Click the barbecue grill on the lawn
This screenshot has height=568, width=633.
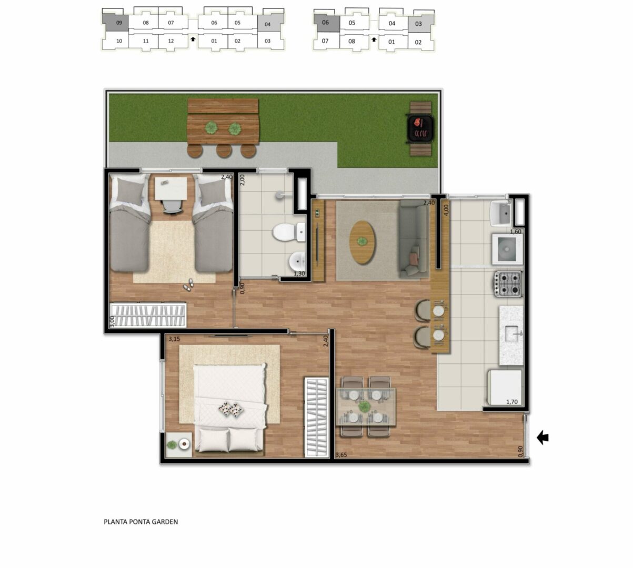pyautogui.click(x=420, y=129)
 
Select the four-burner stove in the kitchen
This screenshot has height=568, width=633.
pyautogui.click(x=508, y=283)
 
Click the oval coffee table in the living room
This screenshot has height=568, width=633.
pyautogui.click(x=363, y=242)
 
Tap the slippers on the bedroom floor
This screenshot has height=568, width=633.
pyautogui.click(x=188, y=285)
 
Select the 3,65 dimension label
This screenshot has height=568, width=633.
pyautogui.click(x=341, y=455)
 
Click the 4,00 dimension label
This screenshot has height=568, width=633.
pyautogui.click(x=446, y=209)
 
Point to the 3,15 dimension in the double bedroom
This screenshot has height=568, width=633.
pyautogui.click(x=174, y=339)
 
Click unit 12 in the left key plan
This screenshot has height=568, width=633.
pyautogui.click(x=171, y=41)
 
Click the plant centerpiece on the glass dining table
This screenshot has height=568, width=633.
pyautogui.click(x=364, y=407)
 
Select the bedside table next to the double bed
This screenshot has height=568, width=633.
pyautogui.click(x=178, y=444)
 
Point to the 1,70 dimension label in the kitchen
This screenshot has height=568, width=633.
pyautogui.click(x=512, y=402)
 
